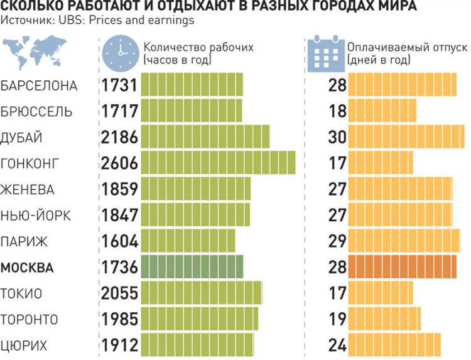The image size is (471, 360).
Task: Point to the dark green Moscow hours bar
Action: pos(192,267)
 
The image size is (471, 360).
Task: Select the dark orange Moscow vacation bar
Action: pos(403,267)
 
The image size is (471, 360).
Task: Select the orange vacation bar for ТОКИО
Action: pos(381,293)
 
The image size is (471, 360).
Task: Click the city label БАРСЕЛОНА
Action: pos(39,85)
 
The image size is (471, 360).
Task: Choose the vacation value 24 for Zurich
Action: pos(337,346)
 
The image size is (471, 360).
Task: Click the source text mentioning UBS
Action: pos(97,20)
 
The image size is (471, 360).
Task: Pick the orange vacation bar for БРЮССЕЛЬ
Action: pos(382,111)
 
